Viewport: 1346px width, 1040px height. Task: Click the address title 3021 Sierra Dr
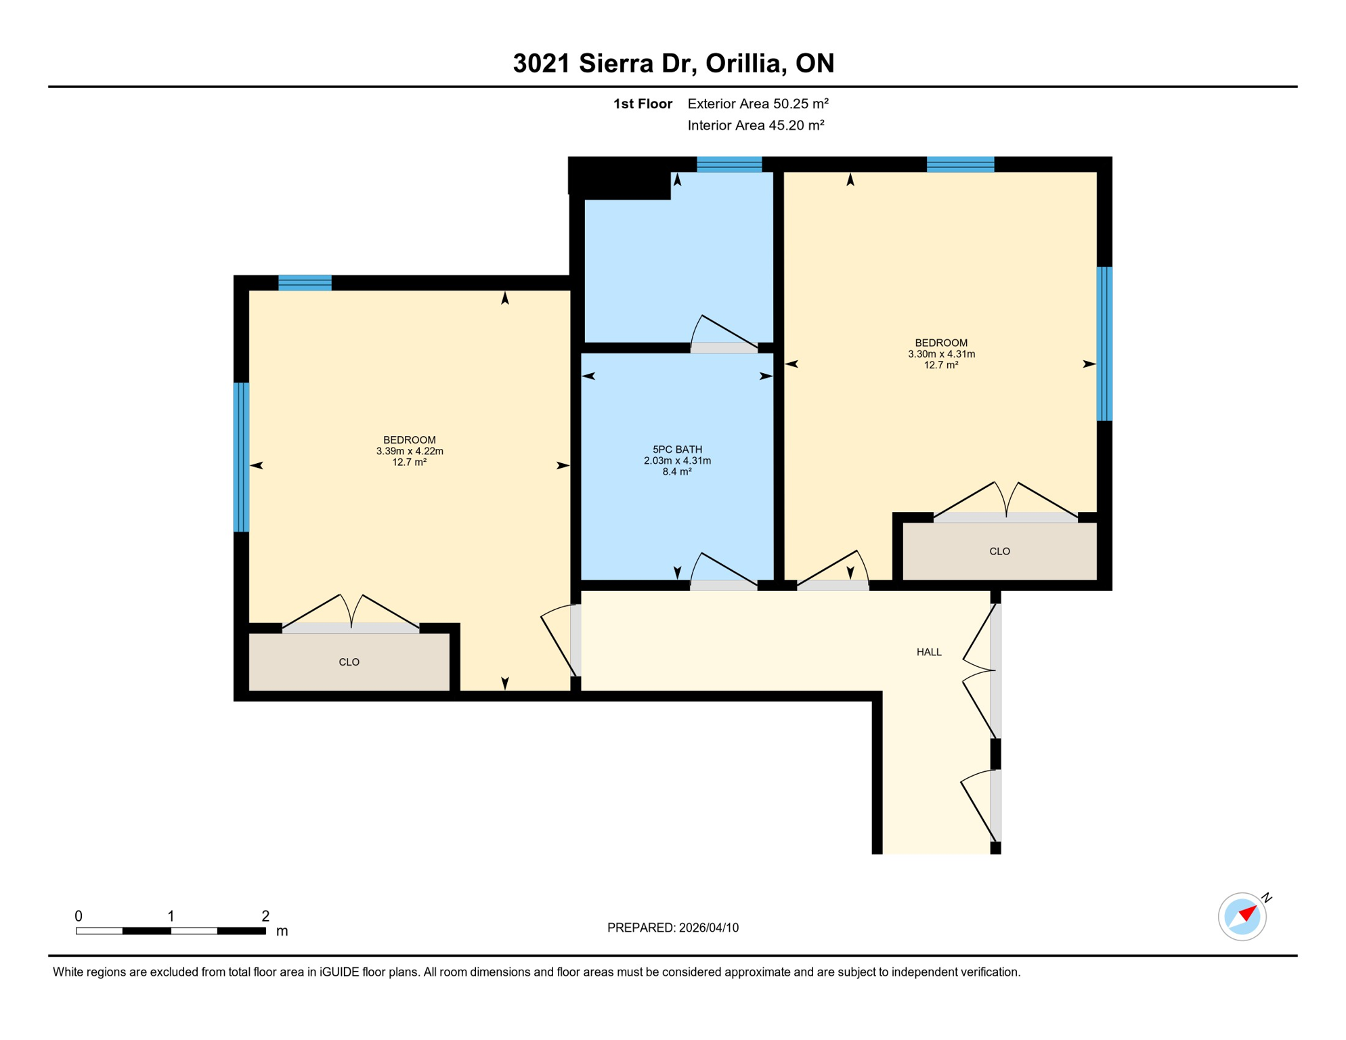673,63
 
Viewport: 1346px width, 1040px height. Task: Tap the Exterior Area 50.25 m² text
758,104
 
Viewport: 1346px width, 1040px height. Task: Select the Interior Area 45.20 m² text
756,125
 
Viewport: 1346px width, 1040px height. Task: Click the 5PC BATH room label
677,449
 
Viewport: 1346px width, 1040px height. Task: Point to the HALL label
929,652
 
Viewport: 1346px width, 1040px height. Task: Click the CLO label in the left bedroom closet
349,662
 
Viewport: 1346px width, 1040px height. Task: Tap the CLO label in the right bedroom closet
999,552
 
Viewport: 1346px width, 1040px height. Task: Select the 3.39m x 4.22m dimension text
410,452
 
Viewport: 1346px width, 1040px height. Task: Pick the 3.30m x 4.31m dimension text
941,354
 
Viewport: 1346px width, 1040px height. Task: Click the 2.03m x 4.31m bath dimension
677,461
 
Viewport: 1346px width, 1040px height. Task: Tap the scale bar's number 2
265,916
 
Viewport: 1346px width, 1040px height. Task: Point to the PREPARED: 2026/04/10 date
673,928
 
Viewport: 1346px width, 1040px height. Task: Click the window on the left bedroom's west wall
241,457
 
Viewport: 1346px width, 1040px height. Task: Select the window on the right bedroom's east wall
1104,344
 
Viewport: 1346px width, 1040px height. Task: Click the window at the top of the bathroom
729,165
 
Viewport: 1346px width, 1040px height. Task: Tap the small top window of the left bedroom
305,283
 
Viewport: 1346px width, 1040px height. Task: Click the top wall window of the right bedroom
960,165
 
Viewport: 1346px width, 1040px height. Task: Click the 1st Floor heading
643,104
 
